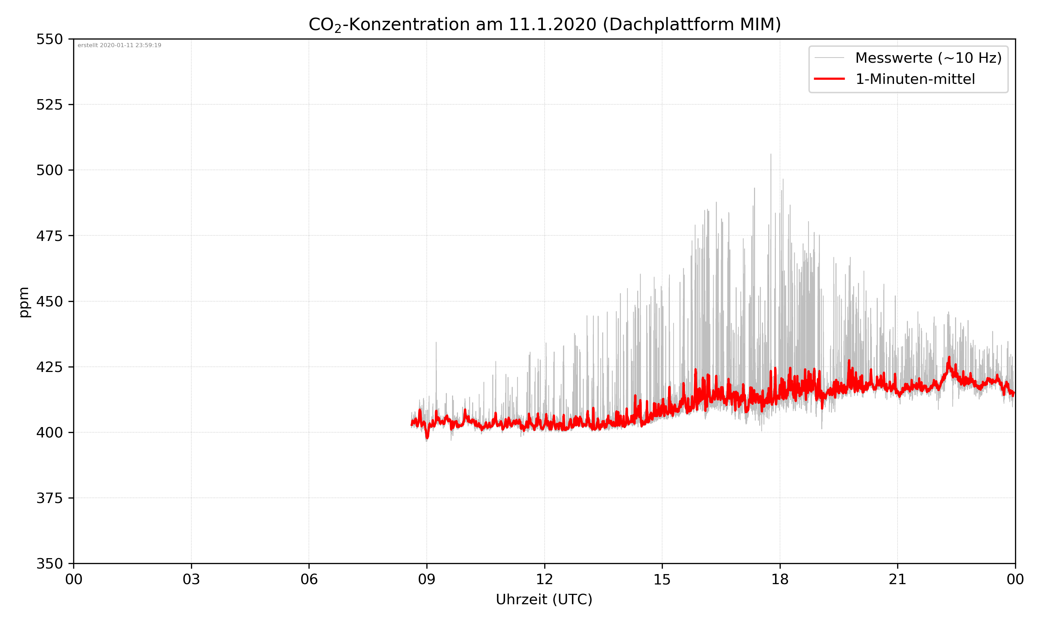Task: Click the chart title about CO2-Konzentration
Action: [x=544, y=24]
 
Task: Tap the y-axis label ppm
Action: [x=24, y=302]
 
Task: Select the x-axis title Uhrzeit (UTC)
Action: [x=544, y=599]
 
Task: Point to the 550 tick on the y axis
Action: [x=49, y=39]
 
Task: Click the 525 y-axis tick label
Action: [x=49, y=105]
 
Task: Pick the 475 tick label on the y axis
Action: [x=49, y=236]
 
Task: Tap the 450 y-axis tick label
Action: [x=49, y=302]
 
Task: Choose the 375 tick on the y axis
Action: [x=49, y=498]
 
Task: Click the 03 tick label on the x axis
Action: [x=191, y=579]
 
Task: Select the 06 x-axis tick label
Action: [x=309, y=579]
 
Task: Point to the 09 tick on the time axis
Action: [x=427, y=579]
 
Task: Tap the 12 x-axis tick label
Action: [x=544, y=579]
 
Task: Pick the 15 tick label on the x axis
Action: [x=662, y=579]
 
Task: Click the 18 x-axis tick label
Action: [x=780, y=579]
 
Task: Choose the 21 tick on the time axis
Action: [x=898, y=579]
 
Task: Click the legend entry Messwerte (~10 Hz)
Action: [x=928, y=58]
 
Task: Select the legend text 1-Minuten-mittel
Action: [x=915, y=79]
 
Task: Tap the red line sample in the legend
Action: [x=829, y=79]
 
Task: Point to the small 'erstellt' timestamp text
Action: [x=119, y=45]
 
